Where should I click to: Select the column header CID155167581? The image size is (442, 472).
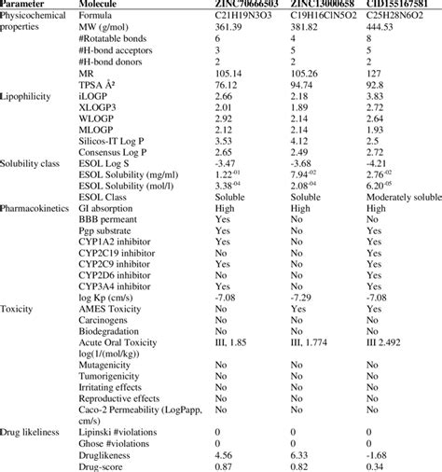click(x=398, y=6)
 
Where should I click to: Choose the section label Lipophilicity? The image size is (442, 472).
click(x=29, y=122)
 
